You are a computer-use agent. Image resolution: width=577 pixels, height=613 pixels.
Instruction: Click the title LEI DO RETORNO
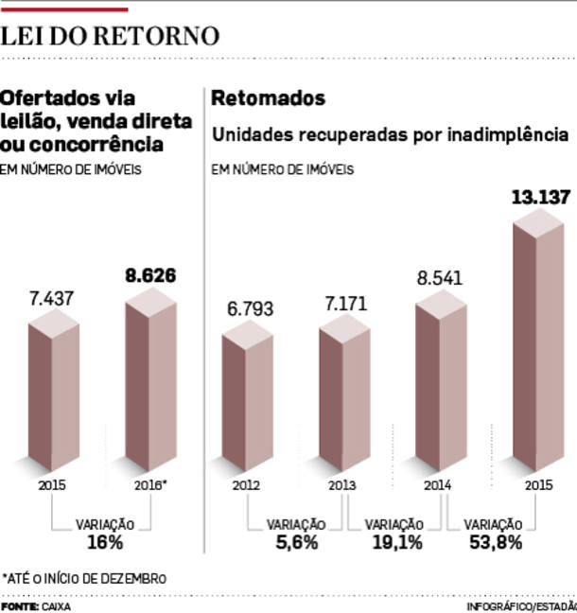click(x=110, y=36)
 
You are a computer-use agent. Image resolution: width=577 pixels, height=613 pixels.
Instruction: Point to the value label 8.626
click(x=151, y=277)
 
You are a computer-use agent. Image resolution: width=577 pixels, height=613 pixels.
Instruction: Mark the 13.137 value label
click(x=540, y=199)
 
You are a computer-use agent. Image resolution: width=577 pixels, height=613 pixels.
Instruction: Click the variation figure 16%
click(x=104, y=543)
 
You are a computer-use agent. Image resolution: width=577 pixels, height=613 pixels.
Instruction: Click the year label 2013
click(x=342, y=485)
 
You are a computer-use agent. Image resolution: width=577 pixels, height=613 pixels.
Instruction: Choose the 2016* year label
click(x=150, y=485)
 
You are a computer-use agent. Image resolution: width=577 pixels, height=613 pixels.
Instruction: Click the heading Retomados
click(x=268, y=98)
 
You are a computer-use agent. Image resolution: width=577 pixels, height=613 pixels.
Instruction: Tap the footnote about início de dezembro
click(x=84, y=577)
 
